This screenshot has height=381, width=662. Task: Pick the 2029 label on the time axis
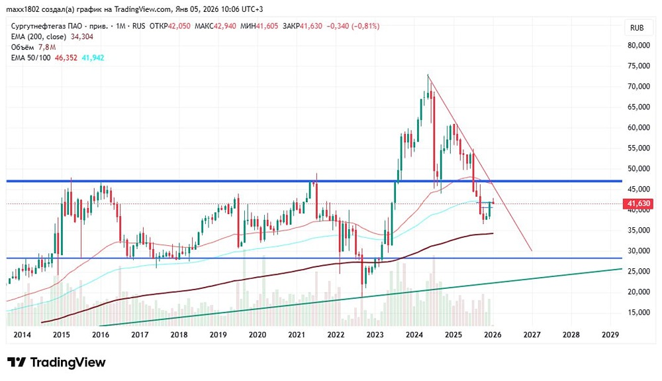[610, 335]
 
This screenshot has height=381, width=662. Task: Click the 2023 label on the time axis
[375, 335]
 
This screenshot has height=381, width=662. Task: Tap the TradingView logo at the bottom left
[56, 362]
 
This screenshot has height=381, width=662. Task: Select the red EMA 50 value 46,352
[66, 58]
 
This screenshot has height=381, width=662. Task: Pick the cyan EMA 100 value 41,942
[93, 58]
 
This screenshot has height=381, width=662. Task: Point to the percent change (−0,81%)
[364, 26]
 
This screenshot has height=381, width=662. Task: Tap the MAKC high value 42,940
[223, 26]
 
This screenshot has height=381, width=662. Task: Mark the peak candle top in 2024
[428, 75]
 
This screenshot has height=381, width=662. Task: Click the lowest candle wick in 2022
[363, 296]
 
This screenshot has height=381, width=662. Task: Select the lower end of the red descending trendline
[532, 250]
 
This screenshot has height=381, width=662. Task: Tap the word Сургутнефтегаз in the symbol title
[37, 26]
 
